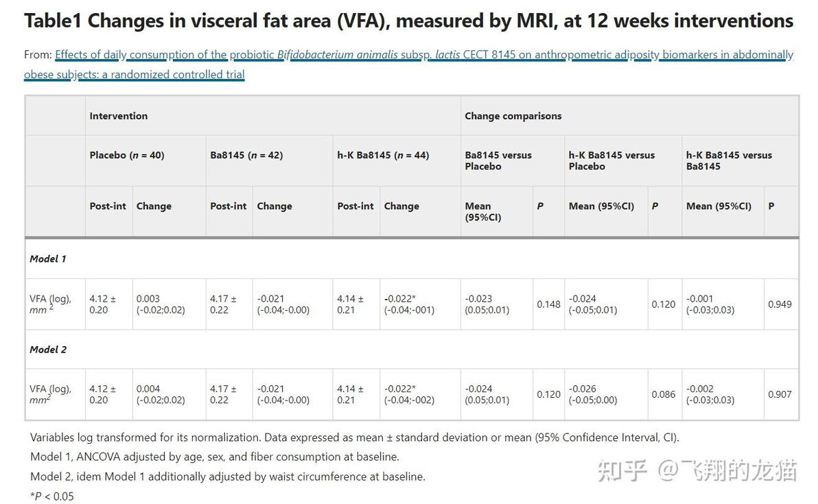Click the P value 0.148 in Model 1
pos(548,304)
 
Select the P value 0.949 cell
pos(780,304)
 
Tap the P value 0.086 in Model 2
pos(664,394)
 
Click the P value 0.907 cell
pos(780,394)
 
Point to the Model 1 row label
pos(48,259)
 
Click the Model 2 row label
pos(48,350)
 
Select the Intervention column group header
pos(119,116)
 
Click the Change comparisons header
pos(513,116)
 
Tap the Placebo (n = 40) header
pos(127,156)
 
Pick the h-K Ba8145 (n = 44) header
pos(383,156)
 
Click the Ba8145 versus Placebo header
pos(498,160)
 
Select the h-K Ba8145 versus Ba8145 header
pos(729,160)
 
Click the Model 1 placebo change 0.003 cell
pos(161,304)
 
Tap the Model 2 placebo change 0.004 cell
pos(161,394)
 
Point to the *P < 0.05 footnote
pos(52,496)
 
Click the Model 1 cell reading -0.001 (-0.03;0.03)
pos(710,304)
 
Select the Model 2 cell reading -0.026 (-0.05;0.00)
pos(593,394)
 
